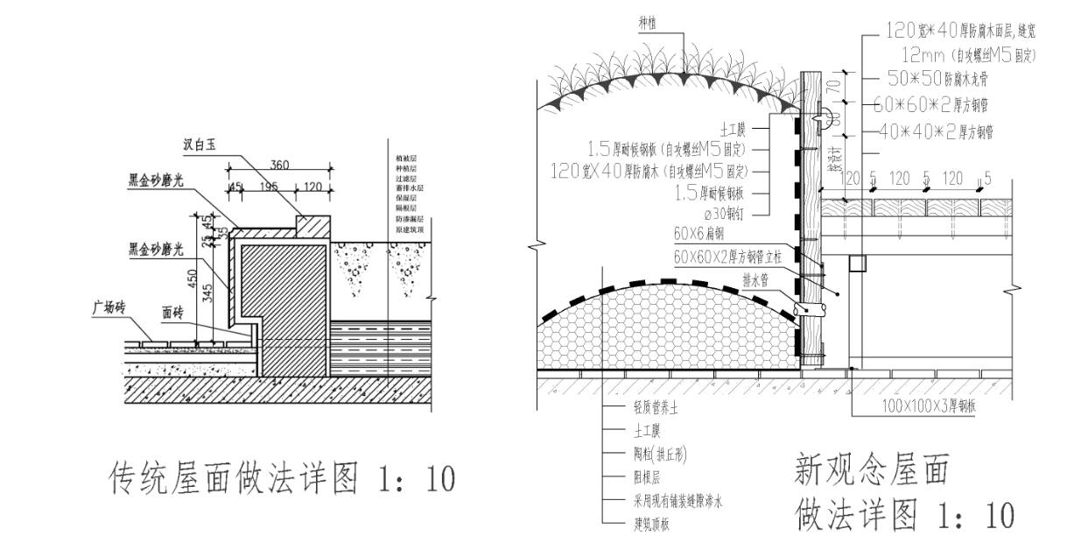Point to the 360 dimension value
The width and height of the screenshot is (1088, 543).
click(280, 165)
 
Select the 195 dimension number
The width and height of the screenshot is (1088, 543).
click(270, 187)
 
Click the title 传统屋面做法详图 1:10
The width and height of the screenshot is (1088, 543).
click(281, 478)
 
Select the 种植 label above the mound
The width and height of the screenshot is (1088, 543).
click(649, 27)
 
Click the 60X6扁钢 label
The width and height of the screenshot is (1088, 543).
click(698, 234)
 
